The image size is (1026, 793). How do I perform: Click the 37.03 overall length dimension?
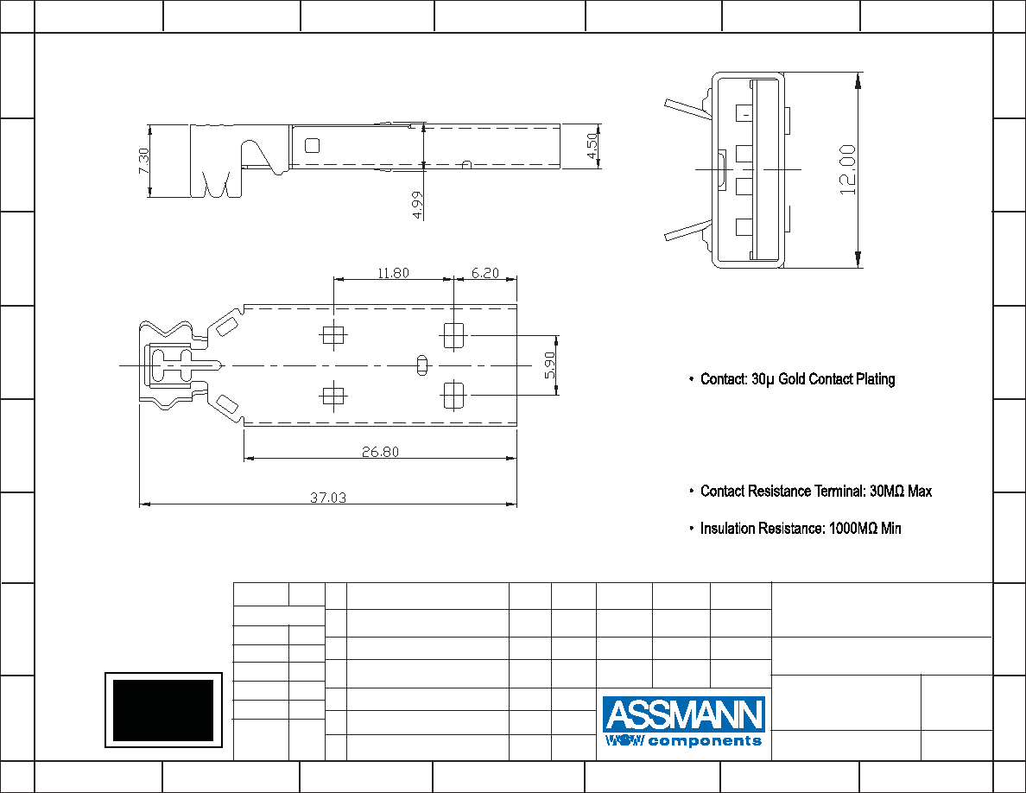(x=328, y=498)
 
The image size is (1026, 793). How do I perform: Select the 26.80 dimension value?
(x=380, y=452)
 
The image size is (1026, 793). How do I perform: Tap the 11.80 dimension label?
(x=393, y=273)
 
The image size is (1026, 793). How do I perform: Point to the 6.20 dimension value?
(x=484, y=273)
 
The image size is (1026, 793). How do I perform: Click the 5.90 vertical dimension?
(x=549, y=365)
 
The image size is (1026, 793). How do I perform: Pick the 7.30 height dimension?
(x=144, y=161)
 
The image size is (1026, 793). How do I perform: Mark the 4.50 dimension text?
(x=592, y=146)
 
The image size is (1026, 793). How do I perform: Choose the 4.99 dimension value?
(x=417, y=205)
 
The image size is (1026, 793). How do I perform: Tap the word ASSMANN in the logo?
(x=684, y=714)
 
